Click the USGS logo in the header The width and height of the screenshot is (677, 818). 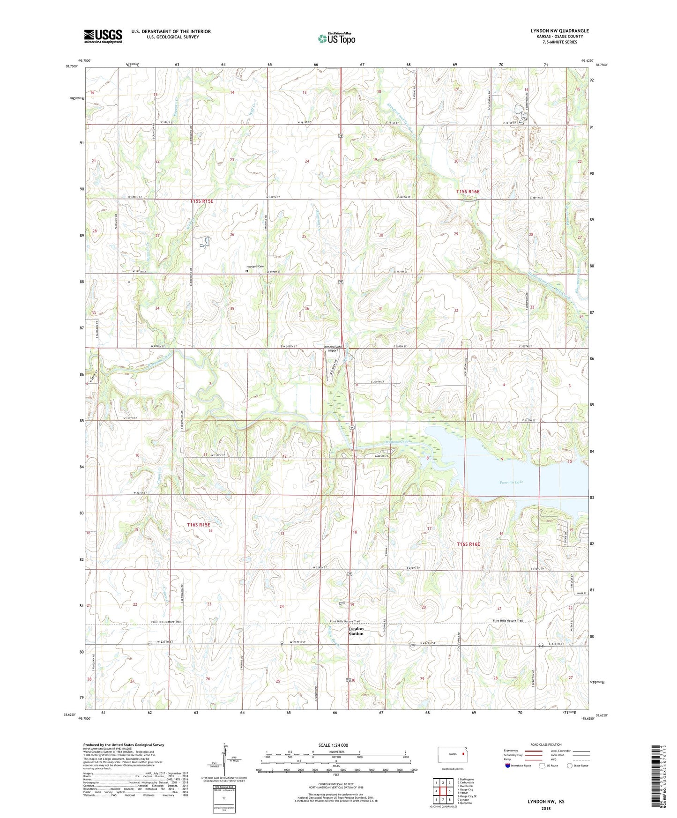103,36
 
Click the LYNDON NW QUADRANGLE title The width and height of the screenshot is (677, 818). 559,31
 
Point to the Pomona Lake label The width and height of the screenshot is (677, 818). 511,482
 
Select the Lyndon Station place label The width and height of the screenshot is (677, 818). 356,631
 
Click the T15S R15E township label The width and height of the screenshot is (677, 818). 201,201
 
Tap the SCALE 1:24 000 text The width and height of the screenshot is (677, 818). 333,745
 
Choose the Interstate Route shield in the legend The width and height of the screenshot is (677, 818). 509,766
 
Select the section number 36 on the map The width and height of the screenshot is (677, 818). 306,309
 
